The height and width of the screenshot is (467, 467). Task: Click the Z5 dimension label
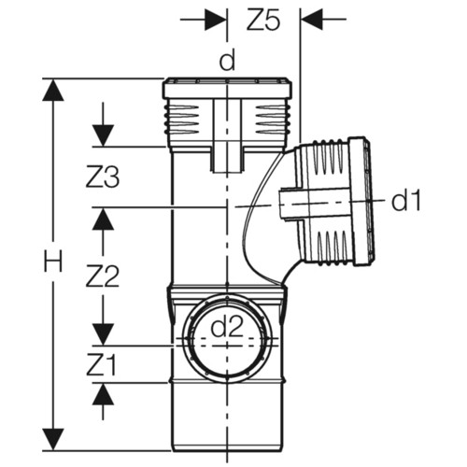coord(263,21)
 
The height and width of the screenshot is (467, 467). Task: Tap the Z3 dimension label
coord(103,177)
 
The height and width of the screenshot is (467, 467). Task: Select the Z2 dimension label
coord(103,276)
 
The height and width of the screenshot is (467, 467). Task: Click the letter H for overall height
coord(52,261)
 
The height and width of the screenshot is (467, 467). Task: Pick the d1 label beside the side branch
coord(406,200)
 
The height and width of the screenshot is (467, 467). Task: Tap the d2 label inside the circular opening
coord(227,327)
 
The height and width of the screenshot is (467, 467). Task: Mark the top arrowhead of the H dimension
coord(53,90)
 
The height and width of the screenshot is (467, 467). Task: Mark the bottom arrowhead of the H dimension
coord(53,439)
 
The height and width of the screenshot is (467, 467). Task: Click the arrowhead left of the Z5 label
coord(216,20)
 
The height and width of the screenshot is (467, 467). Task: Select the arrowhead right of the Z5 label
coord(312,20)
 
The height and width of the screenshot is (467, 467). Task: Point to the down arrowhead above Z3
coord(103,135)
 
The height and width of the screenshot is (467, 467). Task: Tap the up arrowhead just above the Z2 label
coord(103,219)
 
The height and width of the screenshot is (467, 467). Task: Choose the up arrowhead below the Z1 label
coord(103,394)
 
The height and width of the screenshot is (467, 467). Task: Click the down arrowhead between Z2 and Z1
coord(103,334)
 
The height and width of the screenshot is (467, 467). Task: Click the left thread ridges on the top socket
coord(181,120)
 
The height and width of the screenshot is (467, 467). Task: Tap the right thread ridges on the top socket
coord(273,120)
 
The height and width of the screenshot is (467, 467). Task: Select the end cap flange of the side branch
coord(361,201)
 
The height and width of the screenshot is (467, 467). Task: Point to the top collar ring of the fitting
coord(227,89)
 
